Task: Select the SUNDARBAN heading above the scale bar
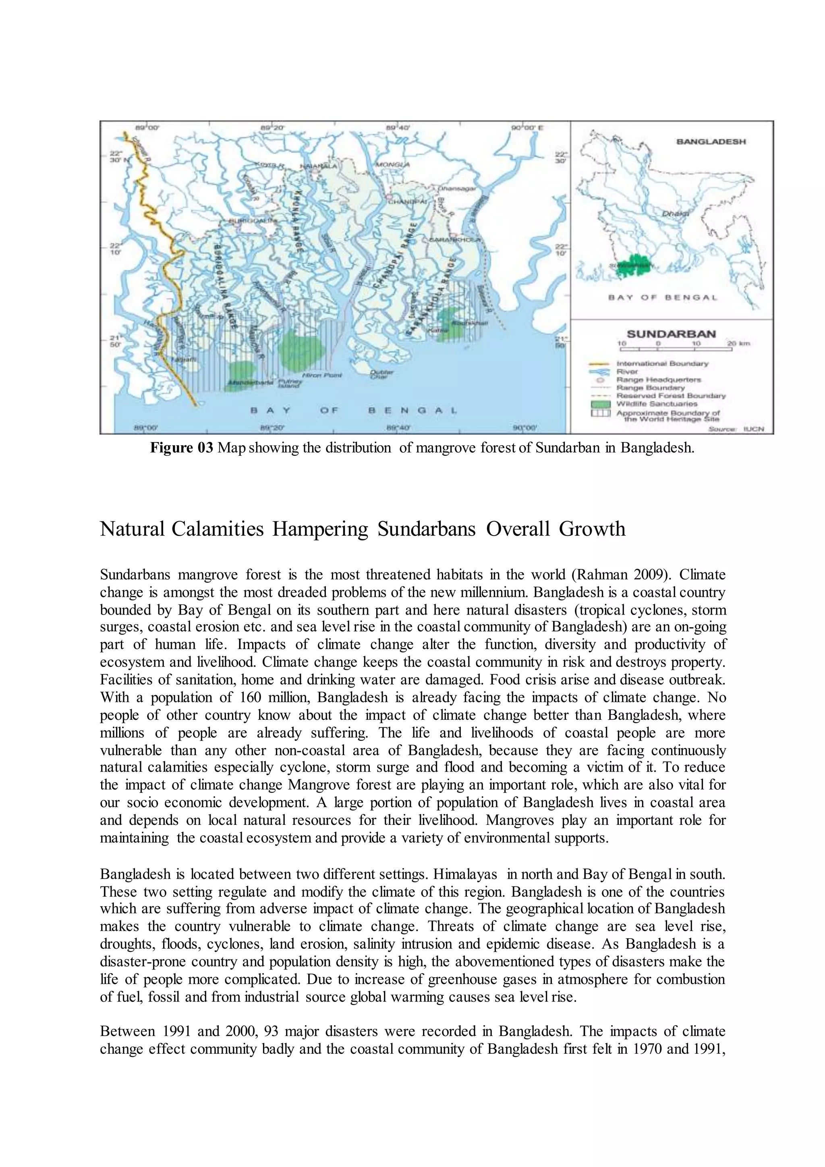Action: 671,334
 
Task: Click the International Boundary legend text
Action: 662,363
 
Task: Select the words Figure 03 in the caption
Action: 181,448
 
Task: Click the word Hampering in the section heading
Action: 320,529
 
